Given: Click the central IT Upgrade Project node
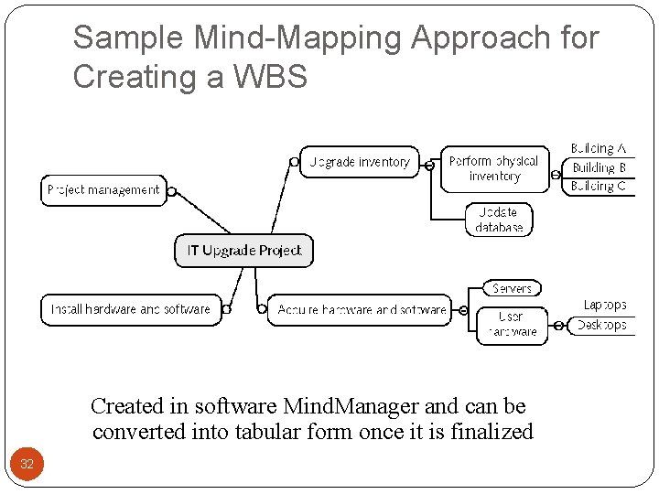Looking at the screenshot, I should (x=243, y=251).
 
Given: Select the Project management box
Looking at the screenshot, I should (x=103, y=190).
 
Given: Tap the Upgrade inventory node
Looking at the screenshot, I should (x=360, y=163).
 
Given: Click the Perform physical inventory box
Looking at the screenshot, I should (x=494, y=169).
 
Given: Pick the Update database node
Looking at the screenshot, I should (x=500, y=220).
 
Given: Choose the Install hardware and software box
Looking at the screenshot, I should (x=131, y=309).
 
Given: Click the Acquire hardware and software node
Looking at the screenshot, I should (x=362, y=310).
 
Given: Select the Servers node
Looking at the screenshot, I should (x=512, y=289).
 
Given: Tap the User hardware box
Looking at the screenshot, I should (x=512, y=325).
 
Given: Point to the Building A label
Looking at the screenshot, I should (x=599, y=148).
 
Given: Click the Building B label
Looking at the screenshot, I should (x=600, y=167).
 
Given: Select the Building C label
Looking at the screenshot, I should (x=600, y=187).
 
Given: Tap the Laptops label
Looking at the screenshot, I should (x=605, y=306).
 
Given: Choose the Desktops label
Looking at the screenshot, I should (x=601, y=326).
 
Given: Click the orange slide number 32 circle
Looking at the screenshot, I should (x=27, y=464).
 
